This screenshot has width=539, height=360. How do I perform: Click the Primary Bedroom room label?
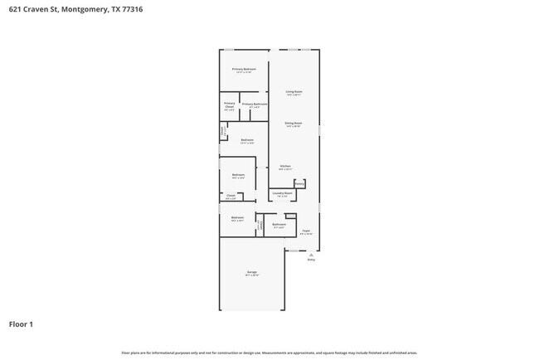[244, 69]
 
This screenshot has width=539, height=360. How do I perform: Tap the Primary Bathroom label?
[254, 105]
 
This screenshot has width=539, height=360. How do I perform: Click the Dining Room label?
[294, 123]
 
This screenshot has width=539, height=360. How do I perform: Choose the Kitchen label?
[285, 167]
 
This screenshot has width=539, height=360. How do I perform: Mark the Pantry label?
[299, 183]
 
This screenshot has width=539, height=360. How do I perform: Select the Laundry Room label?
[283, 193]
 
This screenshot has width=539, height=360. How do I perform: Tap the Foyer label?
[306, 231]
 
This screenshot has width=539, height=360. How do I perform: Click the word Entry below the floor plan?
[312, 260]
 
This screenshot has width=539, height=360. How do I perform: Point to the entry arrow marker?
[312, 253]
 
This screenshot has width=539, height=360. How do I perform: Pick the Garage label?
[251, 272]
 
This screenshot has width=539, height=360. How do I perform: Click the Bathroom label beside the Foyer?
[279, 224]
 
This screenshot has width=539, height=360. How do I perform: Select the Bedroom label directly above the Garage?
[238, 218]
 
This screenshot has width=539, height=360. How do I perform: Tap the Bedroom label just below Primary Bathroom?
[247, 140]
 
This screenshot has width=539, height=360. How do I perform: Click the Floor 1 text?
[21, 324]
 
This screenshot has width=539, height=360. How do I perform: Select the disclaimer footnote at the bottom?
[269, 353]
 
